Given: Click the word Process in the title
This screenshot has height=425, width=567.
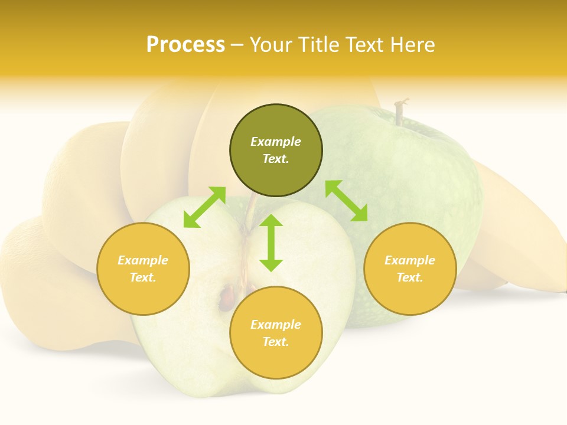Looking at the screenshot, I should tap(185, 45).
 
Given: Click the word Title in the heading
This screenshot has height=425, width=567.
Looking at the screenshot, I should tap(317, 45).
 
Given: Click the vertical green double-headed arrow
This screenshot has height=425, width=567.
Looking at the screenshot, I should tap(271, 243).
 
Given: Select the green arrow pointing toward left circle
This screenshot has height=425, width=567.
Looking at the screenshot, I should tap(204, 207).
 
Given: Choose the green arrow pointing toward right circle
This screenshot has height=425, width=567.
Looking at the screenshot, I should tap(346, 201).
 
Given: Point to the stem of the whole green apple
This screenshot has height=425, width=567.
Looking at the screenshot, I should tap(402, 112).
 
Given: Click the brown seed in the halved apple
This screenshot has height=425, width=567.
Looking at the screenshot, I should tap(226, 297).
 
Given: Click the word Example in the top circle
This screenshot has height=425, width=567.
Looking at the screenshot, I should tap(276, 142).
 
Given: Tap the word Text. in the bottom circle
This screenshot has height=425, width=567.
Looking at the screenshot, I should tap(276, 342).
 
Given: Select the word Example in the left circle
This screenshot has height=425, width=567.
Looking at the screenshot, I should tap(143, 260).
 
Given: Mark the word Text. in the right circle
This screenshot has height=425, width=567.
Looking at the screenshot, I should tap(410, 277).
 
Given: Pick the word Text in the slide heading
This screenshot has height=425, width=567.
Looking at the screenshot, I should tap(363, 45).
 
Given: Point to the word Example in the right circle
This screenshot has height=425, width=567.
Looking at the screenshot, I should tap(410, 260).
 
